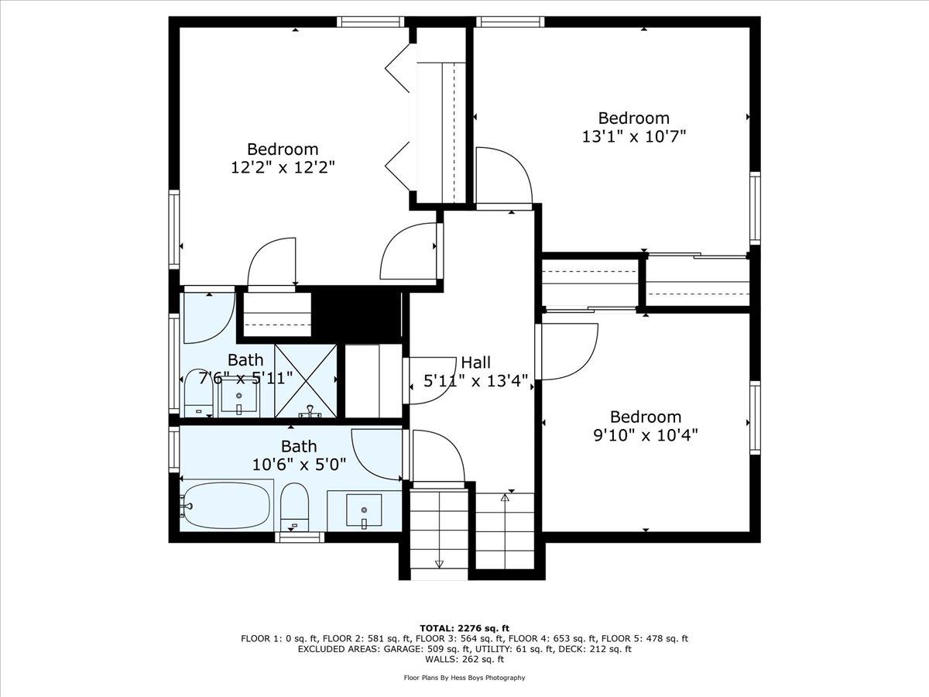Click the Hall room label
[x=475, y=362]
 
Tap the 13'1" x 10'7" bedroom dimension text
[x=633, y=136]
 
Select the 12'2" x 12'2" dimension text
[x=283, y=167]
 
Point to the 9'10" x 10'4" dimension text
[x=646, y=434]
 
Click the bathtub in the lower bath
[x=227, y=506]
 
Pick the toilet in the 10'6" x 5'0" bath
[x=295, y=507]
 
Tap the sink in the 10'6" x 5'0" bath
[x=364, y=510]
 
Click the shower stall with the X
[x=306, y=381]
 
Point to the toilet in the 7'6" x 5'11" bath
[x=198, y=393]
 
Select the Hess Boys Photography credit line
[x=464, y=678]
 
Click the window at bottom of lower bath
[x=300, y=537]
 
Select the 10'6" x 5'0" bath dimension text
[x=299, y=465]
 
